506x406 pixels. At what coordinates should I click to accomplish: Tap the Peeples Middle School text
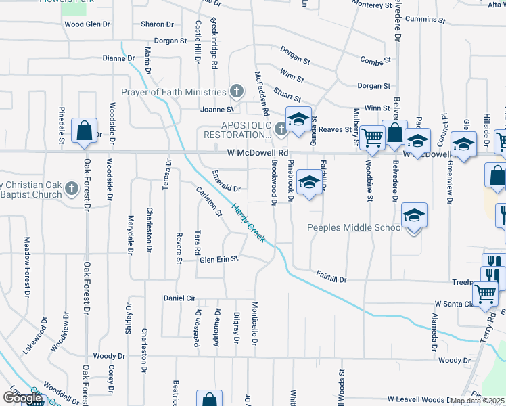[x=356, y=228]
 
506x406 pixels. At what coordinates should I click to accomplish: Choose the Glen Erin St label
[x=219, y=259]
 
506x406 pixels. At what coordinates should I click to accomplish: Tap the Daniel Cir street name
[x=179, y=298]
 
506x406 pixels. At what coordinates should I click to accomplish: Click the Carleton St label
[x=209, y=202]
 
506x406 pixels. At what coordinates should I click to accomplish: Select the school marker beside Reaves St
[x=298, y=119]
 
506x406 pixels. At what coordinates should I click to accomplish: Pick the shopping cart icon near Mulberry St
[x=371, y=137]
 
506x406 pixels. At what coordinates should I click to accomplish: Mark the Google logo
[x=22, y=398]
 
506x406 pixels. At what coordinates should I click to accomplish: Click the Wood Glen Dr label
[x=87, y=24]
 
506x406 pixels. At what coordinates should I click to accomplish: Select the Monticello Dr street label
[x=256, y=333]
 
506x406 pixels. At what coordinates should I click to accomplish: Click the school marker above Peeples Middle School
[x=413, y=216]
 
